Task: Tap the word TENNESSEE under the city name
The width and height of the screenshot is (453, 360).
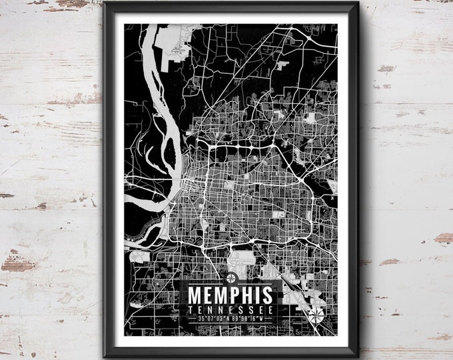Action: [230, 309]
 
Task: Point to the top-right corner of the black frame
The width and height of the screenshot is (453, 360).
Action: [358, 7]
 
